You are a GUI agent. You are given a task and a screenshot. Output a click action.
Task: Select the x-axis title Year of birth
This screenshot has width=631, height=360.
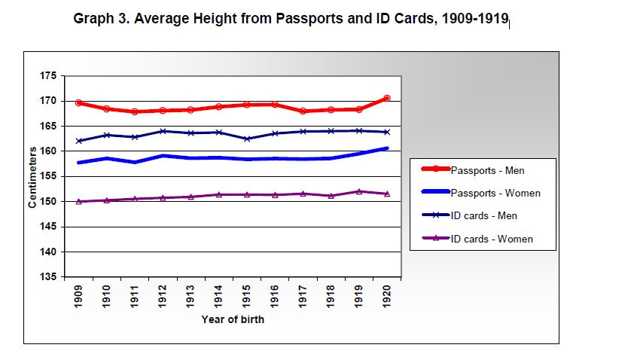tap(233, 319)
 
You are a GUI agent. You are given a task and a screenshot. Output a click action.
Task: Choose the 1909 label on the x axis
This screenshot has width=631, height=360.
tap(79, 296)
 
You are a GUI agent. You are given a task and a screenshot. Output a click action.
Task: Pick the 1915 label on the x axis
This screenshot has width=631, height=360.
tap(247, 296)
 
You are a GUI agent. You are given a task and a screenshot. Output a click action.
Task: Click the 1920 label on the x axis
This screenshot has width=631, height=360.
tap(386, 296)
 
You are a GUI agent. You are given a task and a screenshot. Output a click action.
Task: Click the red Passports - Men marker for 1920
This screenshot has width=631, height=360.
tap(386, 98)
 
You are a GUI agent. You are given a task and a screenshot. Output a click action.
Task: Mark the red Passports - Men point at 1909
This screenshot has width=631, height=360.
tap(79, 102)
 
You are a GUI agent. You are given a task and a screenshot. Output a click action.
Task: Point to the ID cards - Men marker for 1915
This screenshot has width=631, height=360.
tap(247, 139)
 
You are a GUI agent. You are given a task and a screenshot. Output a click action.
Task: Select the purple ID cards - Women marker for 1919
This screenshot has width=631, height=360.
tap(358, 191)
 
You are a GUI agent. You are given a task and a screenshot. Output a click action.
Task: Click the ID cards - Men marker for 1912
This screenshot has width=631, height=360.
tap(163, 131)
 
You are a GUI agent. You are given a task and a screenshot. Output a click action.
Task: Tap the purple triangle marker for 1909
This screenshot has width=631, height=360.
tap(79, 201)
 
